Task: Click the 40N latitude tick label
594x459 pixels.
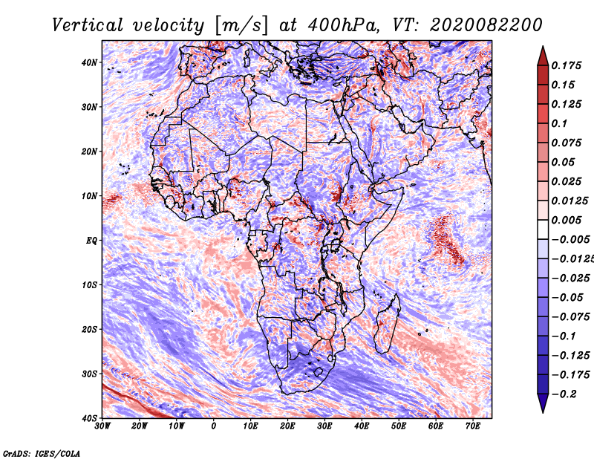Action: point(89,62)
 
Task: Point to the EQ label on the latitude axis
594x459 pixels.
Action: point(91,241)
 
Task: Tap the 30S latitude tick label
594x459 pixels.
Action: point(89,374)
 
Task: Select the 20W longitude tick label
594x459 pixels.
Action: point(139,426)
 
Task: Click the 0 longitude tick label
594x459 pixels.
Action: point(214,426)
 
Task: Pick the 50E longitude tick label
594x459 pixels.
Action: point(399,426)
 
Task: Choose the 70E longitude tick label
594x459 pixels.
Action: point(472,426)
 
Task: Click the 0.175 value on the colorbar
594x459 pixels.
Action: point(567,65)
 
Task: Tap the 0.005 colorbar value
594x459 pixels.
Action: point(567,220)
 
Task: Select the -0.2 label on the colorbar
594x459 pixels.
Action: point(564,394)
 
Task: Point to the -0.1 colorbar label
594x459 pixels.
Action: point(564,336)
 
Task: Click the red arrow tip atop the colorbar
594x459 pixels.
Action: point(543,47)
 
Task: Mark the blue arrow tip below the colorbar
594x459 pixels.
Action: point(543,412)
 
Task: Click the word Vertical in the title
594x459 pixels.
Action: point(88,25)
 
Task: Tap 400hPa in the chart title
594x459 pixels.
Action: point(343,25)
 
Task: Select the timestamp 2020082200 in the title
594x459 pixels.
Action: point(486,25)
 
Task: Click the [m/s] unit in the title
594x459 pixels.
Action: point(241,26)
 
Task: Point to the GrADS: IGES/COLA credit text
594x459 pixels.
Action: point(42,453)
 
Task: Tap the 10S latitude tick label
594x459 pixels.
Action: point(89,285)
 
